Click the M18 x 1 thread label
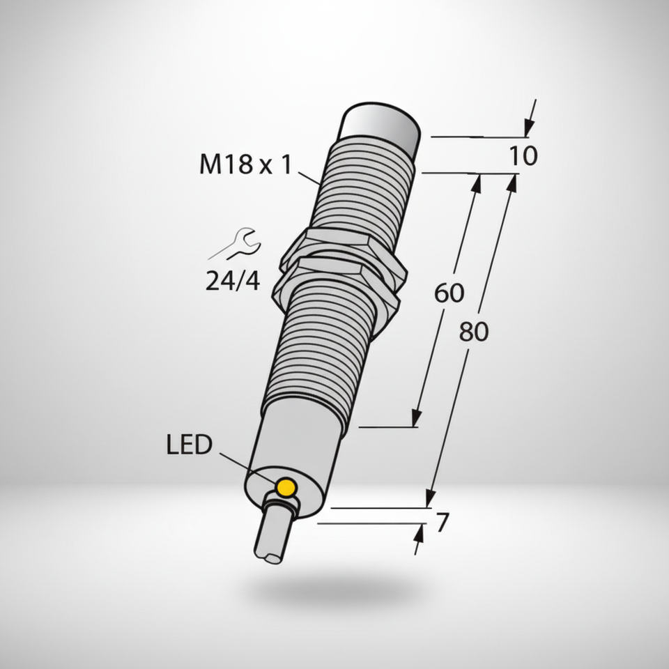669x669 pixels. [245, 164]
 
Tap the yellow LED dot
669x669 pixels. [286, 487]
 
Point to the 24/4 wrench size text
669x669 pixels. [233, 281]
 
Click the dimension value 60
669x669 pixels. [449, 293]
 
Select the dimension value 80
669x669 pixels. [474, 332]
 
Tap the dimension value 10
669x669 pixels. [523, 155]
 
